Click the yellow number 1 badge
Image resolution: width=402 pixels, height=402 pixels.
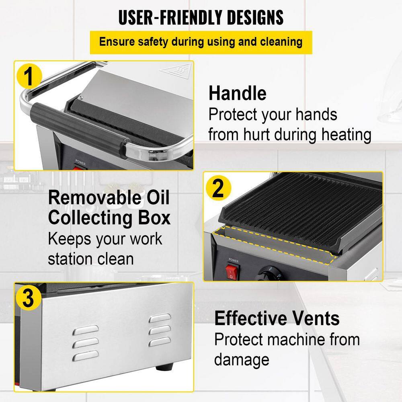(29, 76)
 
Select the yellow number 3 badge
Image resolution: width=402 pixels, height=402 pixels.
(29, 297)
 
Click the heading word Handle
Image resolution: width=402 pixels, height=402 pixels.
(238, 93)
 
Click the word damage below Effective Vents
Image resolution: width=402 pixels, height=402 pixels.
(242, 360)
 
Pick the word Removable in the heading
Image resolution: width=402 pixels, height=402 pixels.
(94, 198)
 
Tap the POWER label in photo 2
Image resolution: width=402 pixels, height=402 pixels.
(234, 260)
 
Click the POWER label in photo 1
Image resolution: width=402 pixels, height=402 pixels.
(80, 162)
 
